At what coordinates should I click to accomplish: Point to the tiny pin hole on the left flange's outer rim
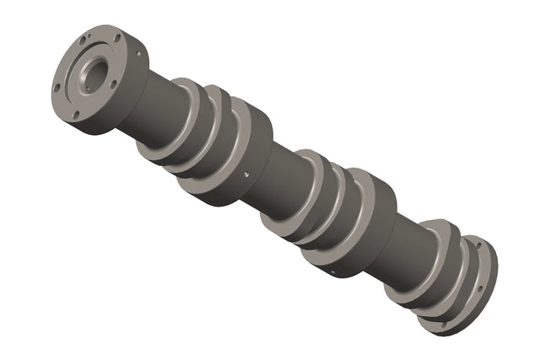pos(138,52)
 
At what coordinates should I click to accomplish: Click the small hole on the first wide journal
pos(244,175)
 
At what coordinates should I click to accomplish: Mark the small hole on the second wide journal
pos(334,271)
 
